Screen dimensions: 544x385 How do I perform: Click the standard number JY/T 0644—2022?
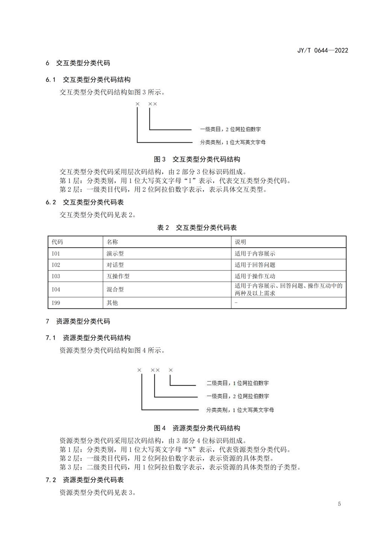tap(323, 50)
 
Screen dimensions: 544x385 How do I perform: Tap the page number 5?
tap(339, 504)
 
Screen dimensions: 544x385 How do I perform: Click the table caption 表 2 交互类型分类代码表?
tap(197, 228)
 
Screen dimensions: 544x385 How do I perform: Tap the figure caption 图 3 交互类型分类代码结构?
tap(197, 159)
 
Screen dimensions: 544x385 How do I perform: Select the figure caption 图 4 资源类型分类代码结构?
tap(197, 428)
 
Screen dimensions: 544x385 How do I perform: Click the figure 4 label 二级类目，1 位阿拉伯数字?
tap(238, 383)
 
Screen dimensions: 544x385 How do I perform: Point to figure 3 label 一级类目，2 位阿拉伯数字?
tap(230, 129)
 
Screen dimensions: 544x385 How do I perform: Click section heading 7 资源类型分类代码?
tap(78, 321)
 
